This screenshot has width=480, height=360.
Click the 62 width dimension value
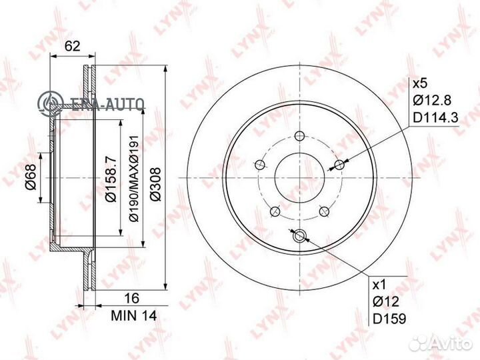(73, 46)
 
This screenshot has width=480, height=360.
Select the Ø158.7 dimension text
(111, 179)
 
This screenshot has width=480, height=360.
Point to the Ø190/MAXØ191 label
(135, 179)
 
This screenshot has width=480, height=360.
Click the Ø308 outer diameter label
(155, 184)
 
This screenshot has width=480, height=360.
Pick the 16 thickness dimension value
(132, 298)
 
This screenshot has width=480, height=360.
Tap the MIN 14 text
(134, 315)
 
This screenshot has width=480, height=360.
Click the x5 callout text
(420, 83)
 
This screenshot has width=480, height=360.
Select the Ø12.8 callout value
(432, 100)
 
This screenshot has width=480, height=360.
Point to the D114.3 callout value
(435, 117)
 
